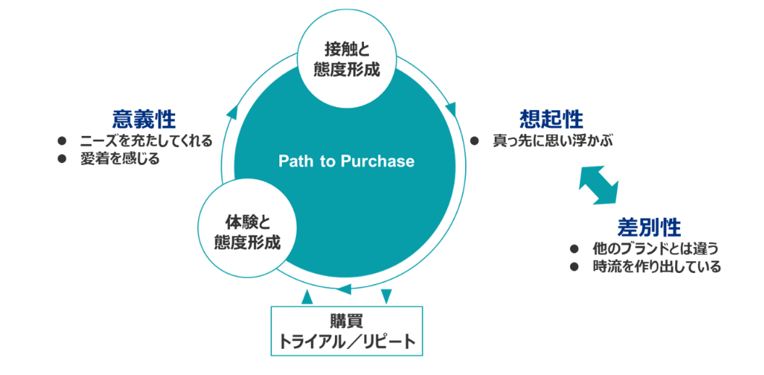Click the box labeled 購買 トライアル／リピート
[347, 331]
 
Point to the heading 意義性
[144, 118]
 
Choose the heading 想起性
[551, 119]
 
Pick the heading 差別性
[649, 227]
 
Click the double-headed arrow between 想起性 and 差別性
[599, 184]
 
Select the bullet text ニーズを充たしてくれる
[146, 142]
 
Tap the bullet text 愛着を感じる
[120, 159]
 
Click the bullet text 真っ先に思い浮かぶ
[552, 142]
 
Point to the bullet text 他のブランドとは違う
[655, 249]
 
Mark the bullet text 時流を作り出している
[656, 267]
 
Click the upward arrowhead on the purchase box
[307, 297]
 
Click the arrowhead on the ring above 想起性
[451, 109]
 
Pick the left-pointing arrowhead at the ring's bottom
[343, 289]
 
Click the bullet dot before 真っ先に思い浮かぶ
[473, 142]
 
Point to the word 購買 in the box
[347, 322]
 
